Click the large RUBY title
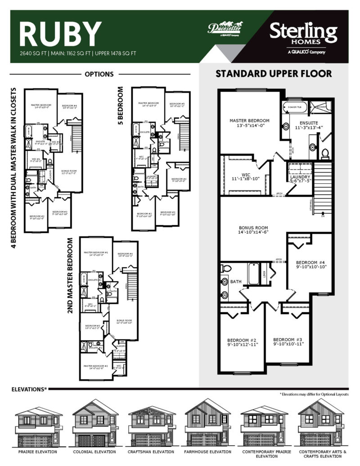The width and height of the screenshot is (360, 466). point(60,34)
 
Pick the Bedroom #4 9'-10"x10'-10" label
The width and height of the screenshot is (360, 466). point(311,264)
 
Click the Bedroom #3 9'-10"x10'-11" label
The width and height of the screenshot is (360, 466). point(288,341)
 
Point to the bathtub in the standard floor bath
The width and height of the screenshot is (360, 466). point(253,274)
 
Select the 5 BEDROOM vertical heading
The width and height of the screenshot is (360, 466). point(120,106)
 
